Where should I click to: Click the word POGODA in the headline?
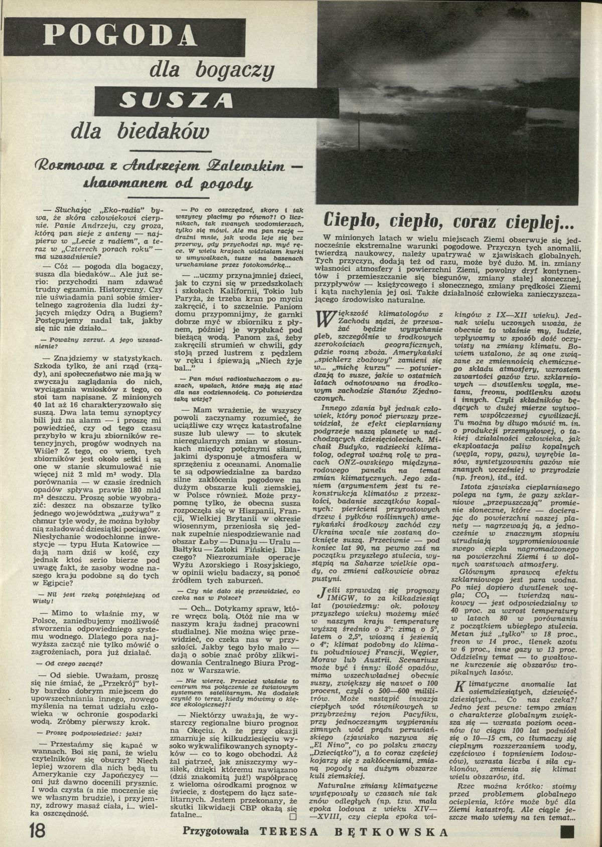pos(120,36)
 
